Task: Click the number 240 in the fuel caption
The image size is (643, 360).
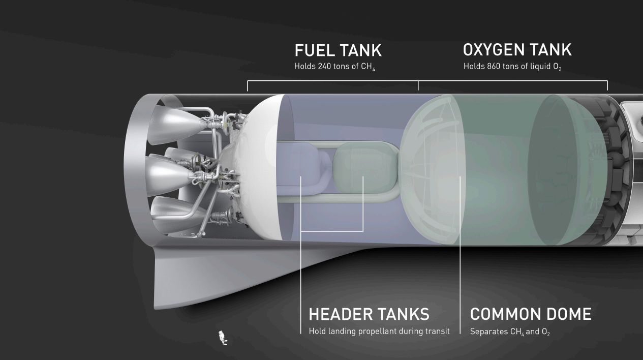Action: coord(324,66)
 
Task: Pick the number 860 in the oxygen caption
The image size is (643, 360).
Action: coord(494,66)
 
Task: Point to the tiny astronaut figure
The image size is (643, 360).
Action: coord(223,338)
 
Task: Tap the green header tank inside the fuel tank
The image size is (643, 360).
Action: coord(365,168)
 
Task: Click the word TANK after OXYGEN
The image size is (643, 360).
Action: coord(551,50)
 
